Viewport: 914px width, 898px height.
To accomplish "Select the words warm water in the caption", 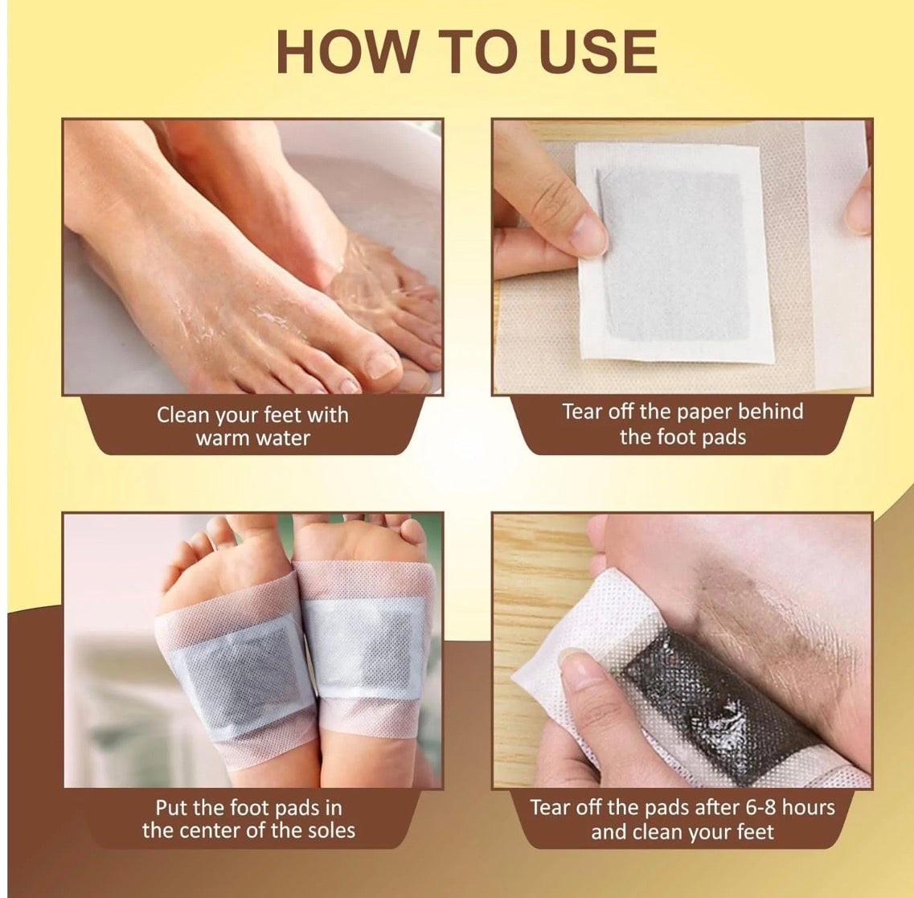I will [x=252, y=439].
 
